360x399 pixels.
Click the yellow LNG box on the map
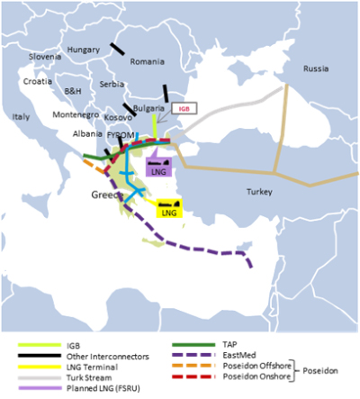169,212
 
